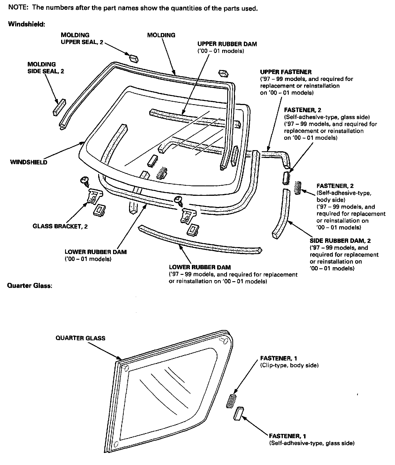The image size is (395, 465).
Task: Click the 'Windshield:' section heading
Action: click(x=27, y=24)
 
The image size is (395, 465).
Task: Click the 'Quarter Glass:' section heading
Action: click(x=29, y=286)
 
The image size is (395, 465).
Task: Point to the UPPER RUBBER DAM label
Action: click(x=227, y=44)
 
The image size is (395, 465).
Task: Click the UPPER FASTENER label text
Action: click(x=286, y=72)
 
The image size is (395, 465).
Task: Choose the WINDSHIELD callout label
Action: click(x=29, y=162)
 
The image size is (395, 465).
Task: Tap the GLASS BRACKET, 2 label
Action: click(x=60, y=226)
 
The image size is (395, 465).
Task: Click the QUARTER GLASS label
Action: click(x=80, y=338)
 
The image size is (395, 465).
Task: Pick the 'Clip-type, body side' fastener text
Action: click(x=289, y=365)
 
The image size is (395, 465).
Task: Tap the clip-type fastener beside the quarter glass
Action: click(x=231, y=401)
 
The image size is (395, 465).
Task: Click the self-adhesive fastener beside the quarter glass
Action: click(x=239, y=413)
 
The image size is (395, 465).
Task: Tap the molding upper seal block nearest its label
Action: click(x=134, y=58)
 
